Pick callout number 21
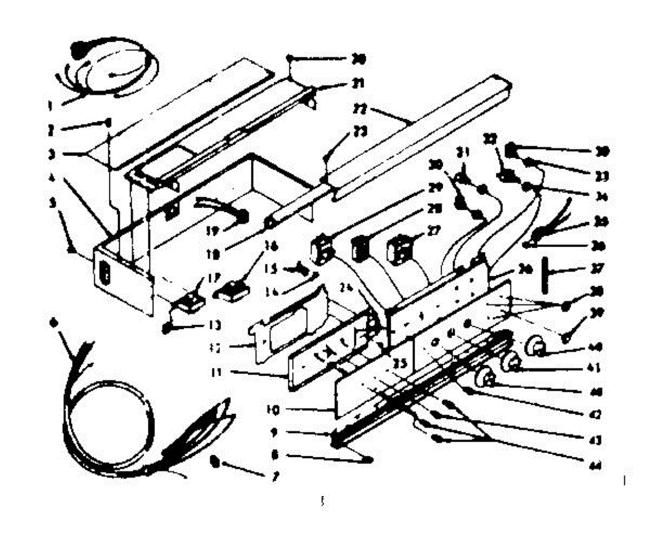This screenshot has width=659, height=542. [x=358, y=85]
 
